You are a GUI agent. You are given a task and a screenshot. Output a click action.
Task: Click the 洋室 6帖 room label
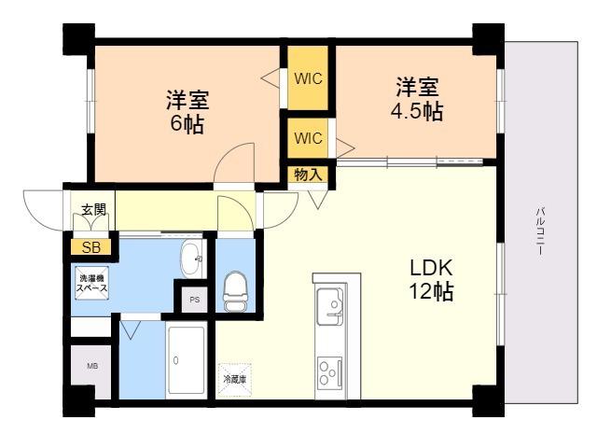click(187, 112)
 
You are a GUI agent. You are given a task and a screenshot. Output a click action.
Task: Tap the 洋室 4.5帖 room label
click(417, 99)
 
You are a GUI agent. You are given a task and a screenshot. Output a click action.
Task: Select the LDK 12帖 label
click(431, 280)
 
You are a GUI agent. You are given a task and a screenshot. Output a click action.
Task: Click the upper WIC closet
click(308, 77)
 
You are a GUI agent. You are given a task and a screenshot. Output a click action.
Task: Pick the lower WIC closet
click(308, 138)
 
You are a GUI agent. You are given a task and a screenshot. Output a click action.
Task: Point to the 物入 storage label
click(308, 175)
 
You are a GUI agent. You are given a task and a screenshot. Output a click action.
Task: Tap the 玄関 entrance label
click(93, 209)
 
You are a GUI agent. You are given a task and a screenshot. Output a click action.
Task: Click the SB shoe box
click(91, 247)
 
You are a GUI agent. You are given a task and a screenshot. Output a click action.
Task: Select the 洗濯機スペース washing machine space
click(91, 283)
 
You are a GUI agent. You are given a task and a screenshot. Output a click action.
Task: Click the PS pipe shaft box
click(195, 300)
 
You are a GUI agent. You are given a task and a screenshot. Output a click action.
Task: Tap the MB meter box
click(92, 367)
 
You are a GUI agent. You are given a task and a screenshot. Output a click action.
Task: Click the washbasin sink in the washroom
click(191, 259)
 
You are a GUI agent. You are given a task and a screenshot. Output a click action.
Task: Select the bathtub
click(187, 360)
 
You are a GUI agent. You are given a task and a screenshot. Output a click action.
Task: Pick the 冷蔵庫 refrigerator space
click(234, 380)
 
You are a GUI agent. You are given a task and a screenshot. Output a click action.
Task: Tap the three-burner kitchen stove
click(329, 371)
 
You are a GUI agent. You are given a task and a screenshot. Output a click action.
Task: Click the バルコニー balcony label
click(540, 231)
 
